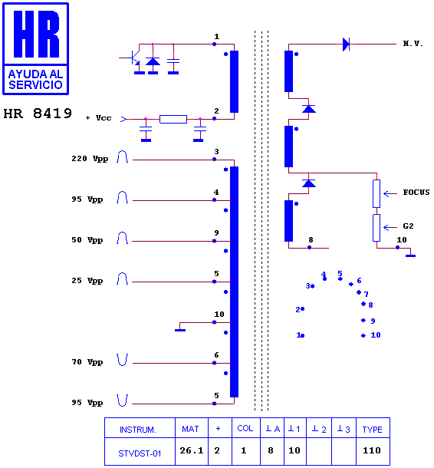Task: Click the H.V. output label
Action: coord(413,44)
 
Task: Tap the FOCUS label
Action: coord(416,193)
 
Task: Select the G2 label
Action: coord(408,226)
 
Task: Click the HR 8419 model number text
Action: coord(38,114)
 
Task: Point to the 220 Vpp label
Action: coord(90,159)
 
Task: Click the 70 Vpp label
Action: coord(87,362)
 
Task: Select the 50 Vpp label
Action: coord(87,240)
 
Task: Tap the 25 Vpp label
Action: coord(87,281)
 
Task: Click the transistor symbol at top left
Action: coord(133,58)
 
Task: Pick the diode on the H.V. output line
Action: coord(346,44)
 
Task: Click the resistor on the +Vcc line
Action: coord(173,119)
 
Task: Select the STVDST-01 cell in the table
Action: coord(140,453)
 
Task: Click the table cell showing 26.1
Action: coord(192,450)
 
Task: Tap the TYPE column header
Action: coord(372,430)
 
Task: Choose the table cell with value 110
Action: coord(372,450)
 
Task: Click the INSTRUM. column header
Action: coord(138,430)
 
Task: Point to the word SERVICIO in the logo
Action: coord(35,84)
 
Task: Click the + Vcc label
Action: coord(98,118)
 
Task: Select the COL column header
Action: coord(245,428)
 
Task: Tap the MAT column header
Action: coord(190,429)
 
